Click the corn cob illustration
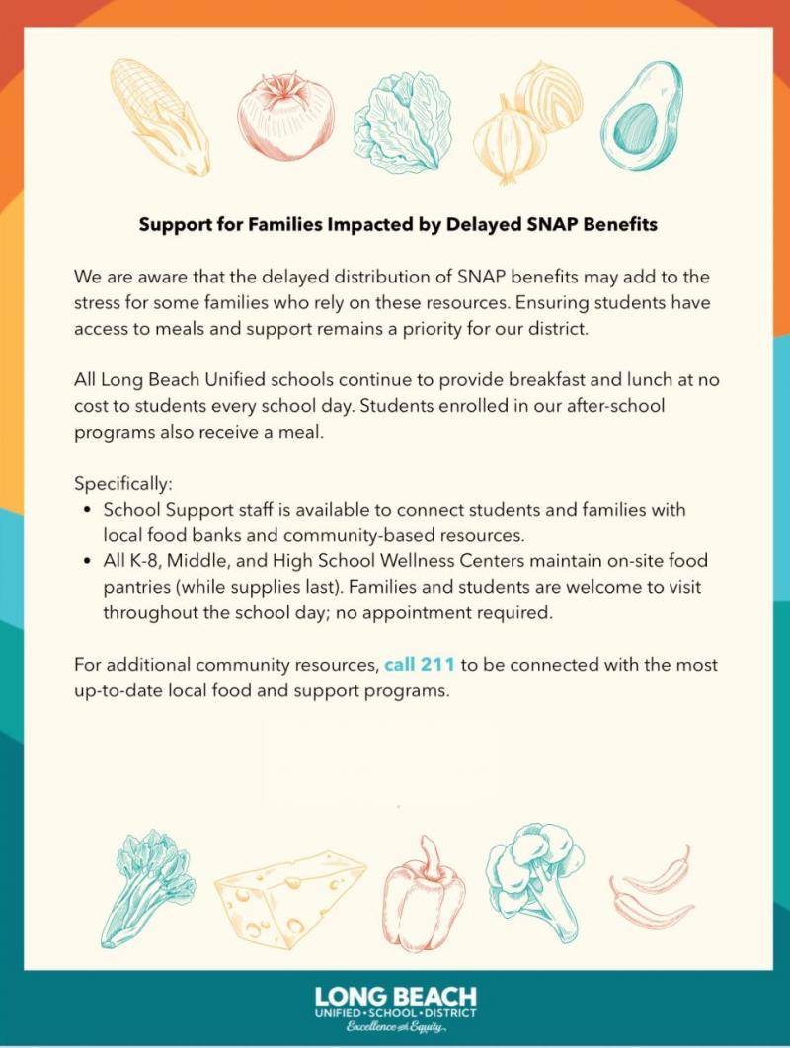coord(158,117)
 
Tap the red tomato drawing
coord(285,115)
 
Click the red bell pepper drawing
coord(425,893)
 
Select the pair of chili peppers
coord(652,885)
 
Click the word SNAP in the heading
coord(538,224)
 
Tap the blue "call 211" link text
coord(420,664)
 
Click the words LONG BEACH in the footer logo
coord(395,996)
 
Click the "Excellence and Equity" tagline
coord(395,1028)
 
